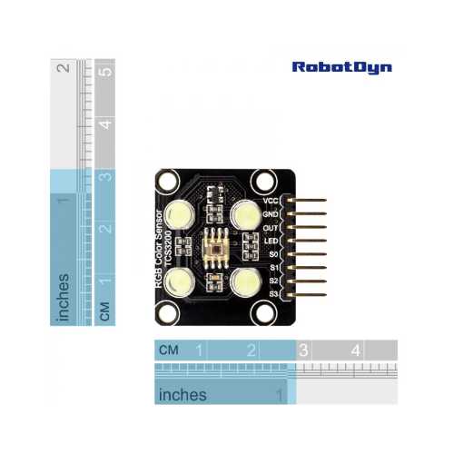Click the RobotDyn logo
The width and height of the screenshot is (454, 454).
(x=342, y=67)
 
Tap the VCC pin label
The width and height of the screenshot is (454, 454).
(x=271, y=201)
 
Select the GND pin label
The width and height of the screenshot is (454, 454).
(x=271, y=214)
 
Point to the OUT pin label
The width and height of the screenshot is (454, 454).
(x=271, y=228)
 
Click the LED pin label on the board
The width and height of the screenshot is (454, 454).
(x=271, y=242)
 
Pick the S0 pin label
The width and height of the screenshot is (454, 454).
(x=273, y=254)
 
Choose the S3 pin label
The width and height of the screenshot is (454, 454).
(x=273, y=293)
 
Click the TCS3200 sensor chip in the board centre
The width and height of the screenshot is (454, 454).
(x=216, y=248)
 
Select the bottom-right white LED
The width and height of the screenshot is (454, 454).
(x=246, y=282)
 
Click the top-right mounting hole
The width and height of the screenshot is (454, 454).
(x=264, y=182)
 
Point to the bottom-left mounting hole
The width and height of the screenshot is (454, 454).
(x=168, y=313)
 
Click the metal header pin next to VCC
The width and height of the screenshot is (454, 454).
(x=306, y=200)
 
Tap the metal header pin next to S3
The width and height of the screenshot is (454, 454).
(x=306, y=295)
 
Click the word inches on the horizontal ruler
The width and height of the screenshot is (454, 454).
(x=183, y=395)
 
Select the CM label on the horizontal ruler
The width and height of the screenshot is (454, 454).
(x=169, y=350)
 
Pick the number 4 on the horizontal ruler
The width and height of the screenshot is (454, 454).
(x=356, y=350)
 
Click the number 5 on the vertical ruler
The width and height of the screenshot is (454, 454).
(x=105, y=72)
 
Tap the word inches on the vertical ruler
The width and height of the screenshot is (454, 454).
(x=64, y=297)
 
